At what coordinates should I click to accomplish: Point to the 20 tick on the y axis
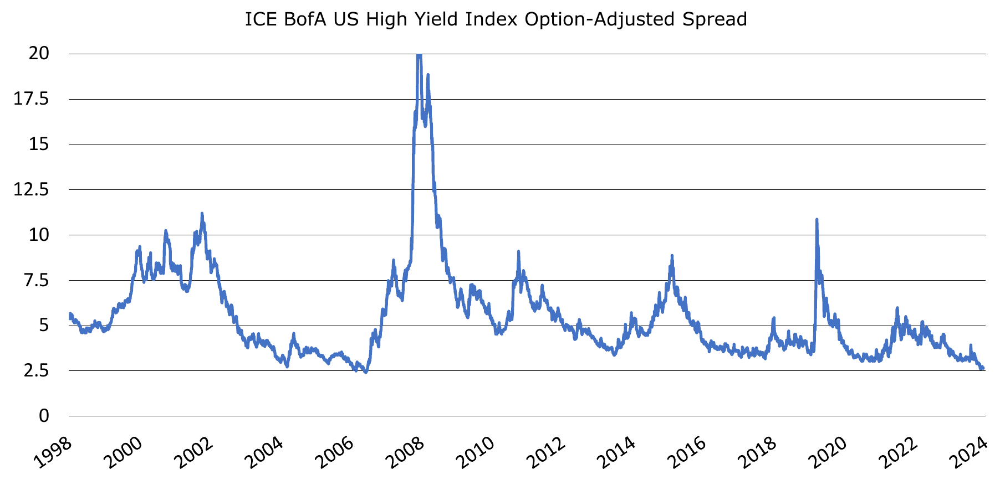coord(40,54)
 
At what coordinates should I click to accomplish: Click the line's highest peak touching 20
coord(419,54)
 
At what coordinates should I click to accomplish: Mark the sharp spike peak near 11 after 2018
coord(817,220)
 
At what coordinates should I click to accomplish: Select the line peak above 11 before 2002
coord(202,213)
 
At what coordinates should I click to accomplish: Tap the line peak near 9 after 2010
coord(518,251)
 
